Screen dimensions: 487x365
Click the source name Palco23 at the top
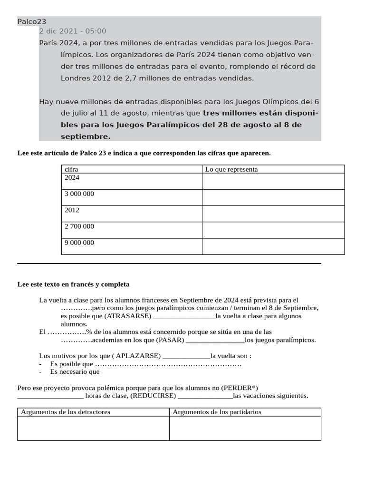pyautogui.click(x=31, y=21)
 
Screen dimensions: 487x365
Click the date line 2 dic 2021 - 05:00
pyautogui.click(x=73, y=31)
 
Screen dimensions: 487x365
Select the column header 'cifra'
pyautogui.click(x=71, y=169)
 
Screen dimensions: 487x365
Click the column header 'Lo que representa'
pyautogui.click(x=231, y=169)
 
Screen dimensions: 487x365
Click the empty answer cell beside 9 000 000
pyautogui.click(x=273, y=246)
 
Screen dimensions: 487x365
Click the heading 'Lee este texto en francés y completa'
pyautogui.click(x=73, y=284)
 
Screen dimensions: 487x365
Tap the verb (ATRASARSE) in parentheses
pyautogui.click(x=128, y=316)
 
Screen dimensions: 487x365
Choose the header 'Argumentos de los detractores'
pyautogui.click(x=66, y=412)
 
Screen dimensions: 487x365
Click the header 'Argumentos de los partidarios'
pyautogui.click(x=217, y=412)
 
